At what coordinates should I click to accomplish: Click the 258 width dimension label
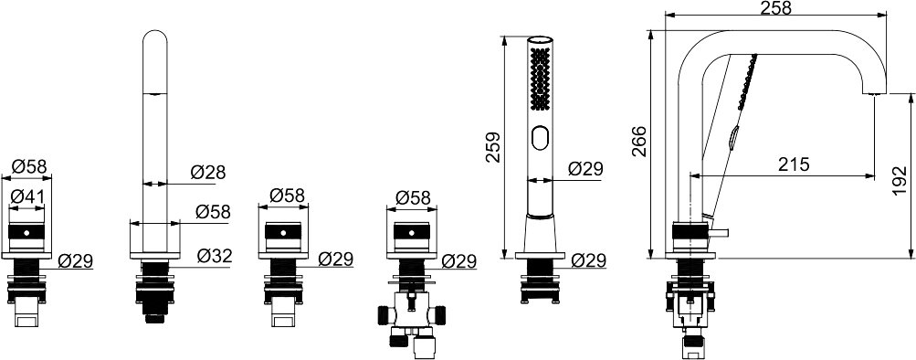point(775,7)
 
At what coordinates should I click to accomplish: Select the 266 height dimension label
point(640,142)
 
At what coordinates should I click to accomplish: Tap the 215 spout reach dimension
point(794,164)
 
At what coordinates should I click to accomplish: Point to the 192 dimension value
point(900,181)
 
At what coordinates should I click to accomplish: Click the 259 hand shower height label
point(494,147)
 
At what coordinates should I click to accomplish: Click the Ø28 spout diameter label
point(208,173)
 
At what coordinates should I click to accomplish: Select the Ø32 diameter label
point(215,256)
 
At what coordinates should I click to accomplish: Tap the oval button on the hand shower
point(540,139)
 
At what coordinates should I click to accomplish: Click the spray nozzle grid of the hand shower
point(541,79)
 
